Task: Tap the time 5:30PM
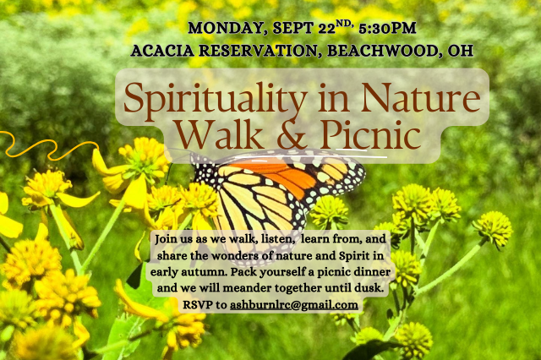[387, 28]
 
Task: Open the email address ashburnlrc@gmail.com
[294, 305]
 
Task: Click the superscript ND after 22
[344, 24]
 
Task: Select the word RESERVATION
[258, 51]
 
